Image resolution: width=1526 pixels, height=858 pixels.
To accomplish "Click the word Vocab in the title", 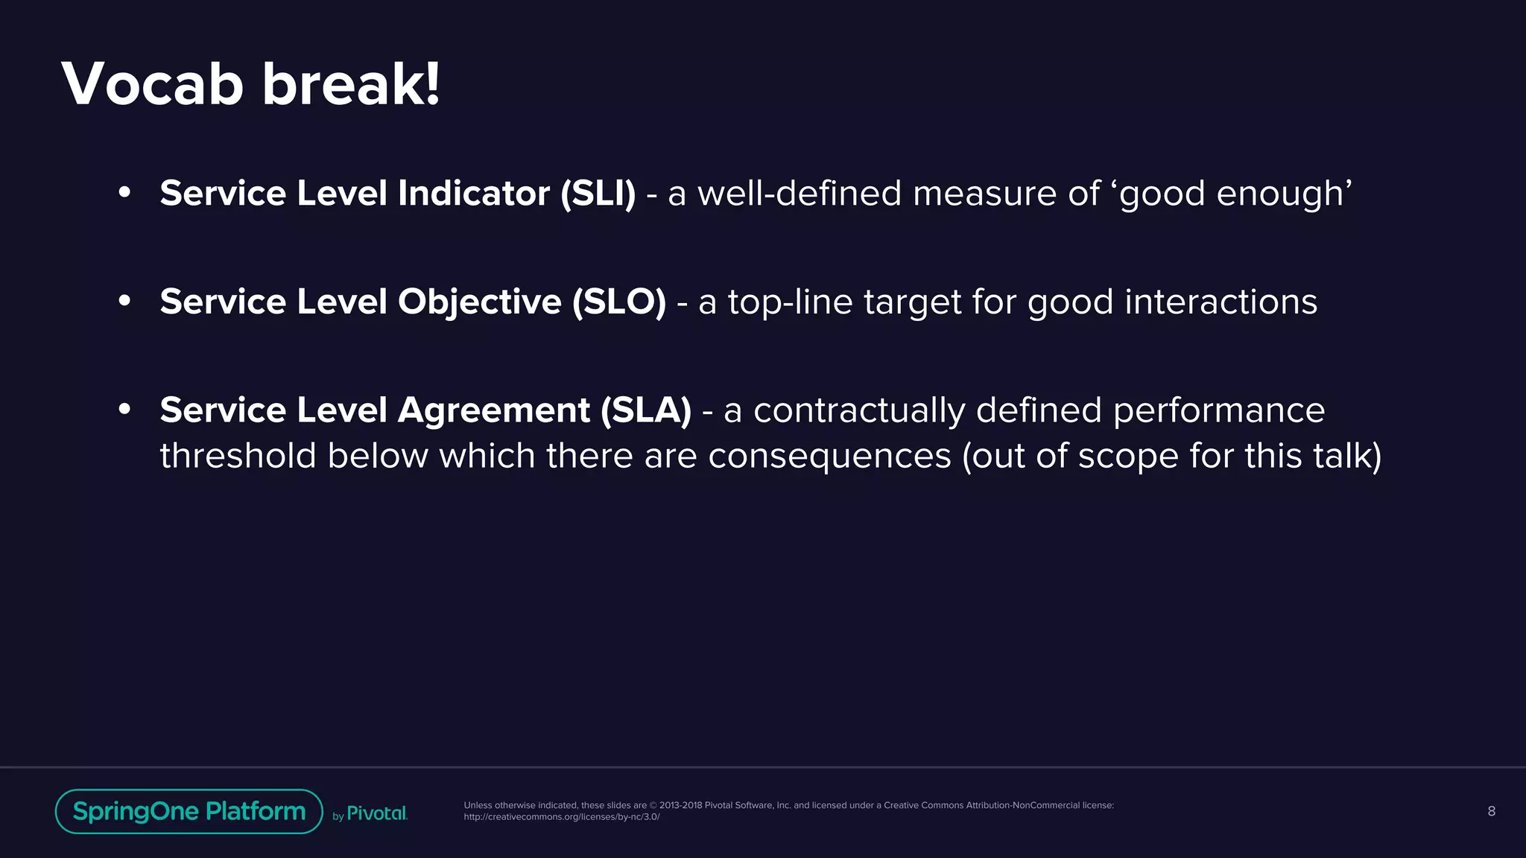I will (153, 84).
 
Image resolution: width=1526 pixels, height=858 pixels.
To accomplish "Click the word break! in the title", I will (351, 84).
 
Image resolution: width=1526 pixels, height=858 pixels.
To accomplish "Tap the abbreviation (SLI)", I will (598, 194).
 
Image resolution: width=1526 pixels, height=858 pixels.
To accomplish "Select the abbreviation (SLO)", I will (619, 302).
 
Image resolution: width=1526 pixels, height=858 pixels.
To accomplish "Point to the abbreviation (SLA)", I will (646, 410).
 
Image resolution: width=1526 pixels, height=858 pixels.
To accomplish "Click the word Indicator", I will (474, 194).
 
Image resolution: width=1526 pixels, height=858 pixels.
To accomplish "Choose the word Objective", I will (480, 302).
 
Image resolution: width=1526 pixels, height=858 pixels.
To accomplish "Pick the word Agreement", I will (494, 410).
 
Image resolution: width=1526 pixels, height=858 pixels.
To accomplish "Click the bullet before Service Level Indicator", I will (124, 193).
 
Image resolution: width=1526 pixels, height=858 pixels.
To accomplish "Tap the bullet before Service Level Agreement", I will (124, 409).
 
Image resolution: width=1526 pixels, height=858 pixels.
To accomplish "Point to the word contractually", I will (859, 410).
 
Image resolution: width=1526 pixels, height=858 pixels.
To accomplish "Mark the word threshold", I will (238, 456).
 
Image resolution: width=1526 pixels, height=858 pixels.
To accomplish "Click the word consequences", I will (829, 456).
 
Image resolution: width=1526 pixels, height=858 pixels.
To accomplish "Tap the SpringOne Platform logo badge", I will (189, 811).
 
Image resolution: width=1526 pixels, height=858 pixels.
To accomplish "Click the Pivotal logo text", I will (377, 813).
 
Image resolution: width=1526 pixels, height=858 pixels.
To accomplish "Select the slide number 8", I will (1491, 811).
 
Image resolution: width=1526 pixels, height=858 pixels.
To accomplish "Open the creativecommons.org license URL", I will (562, 817).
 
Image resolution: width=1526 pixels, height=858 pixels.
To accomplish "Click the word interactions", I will (1221, 302).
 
